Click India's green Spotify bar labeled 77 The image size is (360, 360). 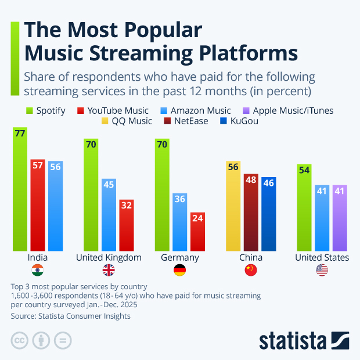20,189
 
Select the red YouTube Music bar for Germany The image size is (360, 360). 198,231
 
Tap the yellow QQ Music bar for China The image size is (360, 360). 233,206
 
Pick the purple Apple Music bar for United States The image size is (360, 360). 340,218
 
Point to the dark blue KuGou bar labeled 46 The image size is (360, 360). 269,214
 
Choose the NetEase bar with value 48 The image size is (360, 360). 251,212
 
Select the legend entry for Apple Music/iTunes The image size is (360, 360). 293,110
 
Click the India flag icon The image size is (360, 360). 38,269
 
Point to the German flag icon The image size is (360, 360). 180,269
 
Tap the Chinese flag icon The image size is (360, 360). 251,269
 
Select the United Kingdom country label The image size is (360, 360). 109,257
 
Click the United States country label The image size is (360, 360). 322,257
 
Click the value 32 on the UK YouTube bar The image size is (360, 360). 127,204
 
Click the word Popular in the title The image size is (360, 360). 160,31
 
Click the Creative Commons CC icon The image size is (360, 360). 20,340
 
